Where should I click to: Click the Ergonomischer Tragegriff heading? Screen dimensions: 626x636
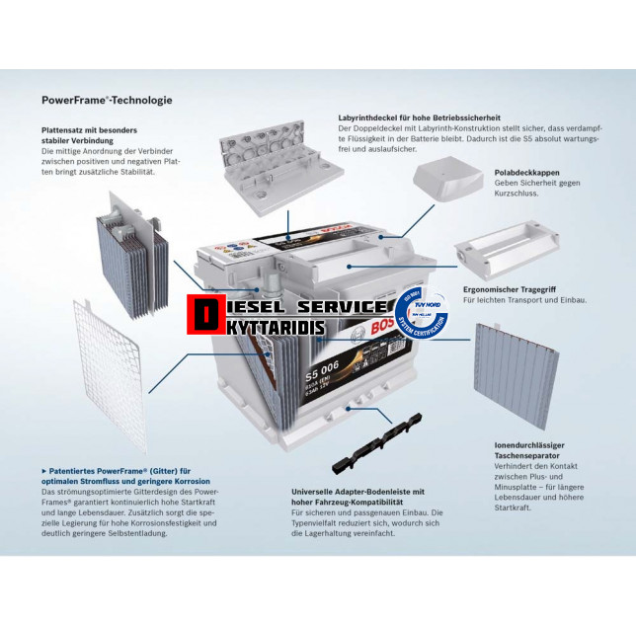(x=517, y=289)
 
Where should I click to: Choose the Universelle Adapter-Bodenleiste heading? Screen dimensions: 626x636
(x=358, y=496)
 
